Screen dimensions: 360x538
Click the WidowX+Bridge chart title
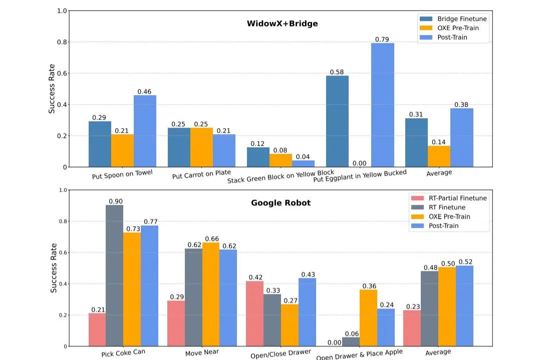[x=282, y=24]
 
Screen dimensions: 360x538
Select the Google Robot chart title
[x=281, y=203]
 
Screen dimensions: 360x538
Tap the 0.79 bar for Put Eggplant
[x=383, y=105]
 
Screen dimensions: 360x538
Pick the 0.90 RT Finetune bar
[x=114, y=275]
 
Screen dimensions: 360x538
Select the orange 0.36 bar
[x=368, y=318]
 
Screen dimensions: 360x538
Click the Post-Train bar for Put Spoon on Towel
[x=145, y=131]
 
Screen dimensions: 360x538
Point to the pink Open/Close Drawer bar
[x=254, y=313]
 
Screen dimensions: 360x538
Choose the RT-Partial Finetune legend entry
[x=454, y=198]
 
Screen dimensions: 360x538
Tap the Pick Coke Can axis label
[x=123, y=352]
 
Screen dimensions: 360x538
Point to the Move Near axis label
[x=202, y=352]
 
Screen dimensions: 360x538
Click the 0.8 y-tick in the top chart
[x=62, y=42]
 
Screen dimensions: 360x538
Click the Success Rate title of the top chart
[x=52, y=89]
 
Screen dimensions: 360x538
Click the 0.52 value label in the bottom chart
[x=465, y=262]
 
